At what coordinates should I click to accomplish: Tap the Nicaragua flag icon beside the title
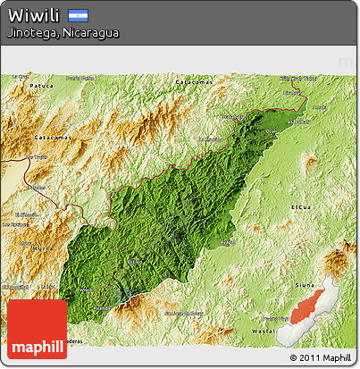tap(78, 15)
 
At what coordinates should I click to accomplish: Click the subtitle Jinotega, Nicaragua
tap(62, 32)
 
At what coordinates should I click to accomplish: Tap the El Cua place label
tap(301, 206)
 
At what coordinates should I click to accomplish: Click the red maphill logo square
tap(37, 329)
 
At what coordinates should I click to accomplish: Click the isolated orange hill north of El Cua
tap(309, 163)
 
